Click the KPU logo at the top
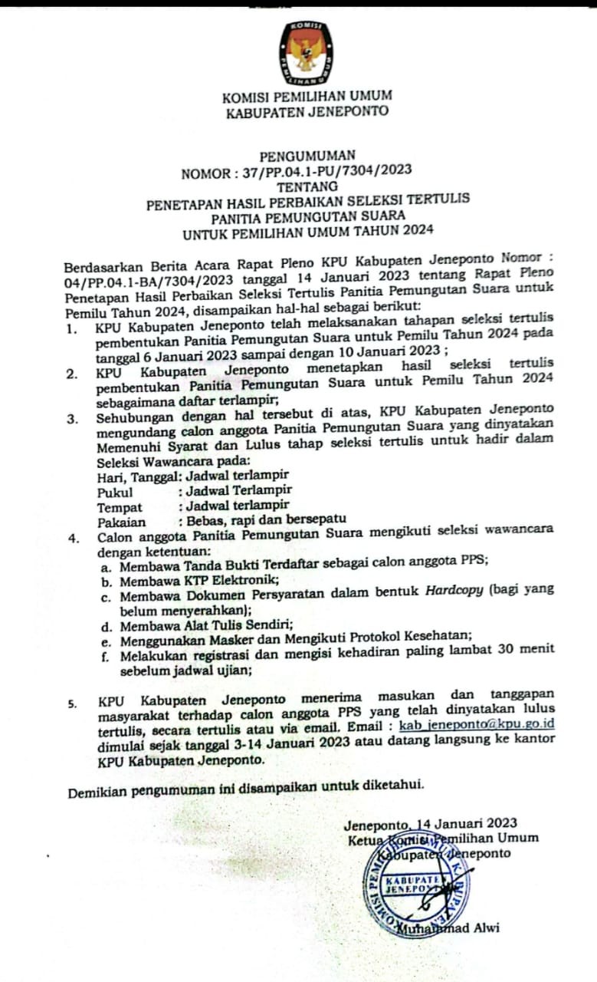(305, 53)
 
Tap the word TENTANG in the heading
(307, 186)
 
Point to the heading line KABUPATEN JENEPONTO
(307, 111)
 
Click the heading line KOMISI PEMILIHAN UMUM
(307, 97)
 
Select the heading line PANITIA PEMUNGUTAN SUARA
(308, 216)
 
